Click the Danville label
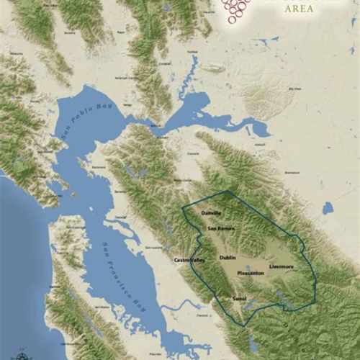pyautogui.click(x=212, y=214)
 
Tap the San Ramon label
pyautogui.click(x=220, y=229)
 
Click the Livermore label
pyautogui.click(x=282, y=266)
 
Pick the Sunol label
pyautogui.click(x=240, y=297)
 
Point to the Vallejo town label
pyautogui.click(x=128, y=104)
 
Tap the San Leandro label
pyautogui.click(x=154, y=248)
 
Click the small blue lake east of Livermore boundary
pyautogui.click(x=328, y=208)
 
